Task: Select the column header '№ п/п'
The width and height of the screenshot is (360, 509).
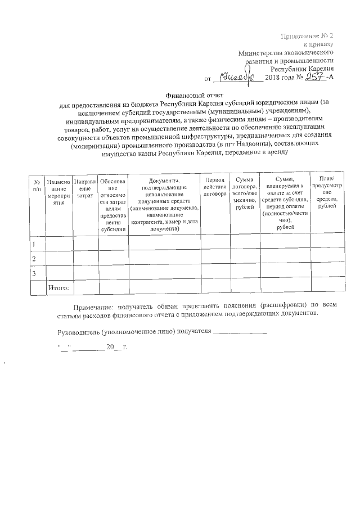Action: (37, 186)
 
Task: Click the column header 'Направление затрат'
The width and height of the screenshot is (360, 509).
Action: (84, 186)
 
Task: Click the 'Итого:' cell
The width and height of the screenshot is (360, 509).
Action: (58, 287)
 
